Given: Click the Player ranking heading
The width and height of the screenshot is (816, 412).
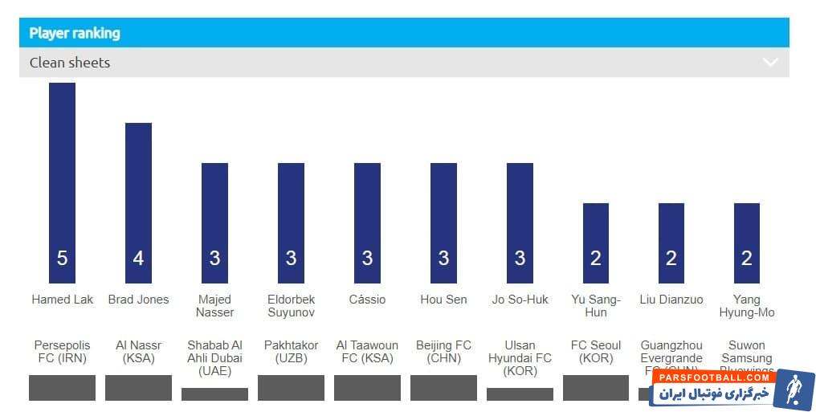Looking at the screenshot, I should click(x=75, y=33).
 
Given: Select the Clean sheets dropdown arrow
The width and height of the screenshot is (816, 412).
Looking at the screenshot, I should click(x=770, y=62).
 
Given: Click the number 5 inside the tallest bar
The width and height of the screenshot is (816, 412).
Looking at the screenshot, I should click(x=62, y=258).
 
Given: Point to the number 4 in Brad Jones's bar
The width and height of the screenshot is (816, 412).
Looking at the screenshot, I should click(x=138, y=258).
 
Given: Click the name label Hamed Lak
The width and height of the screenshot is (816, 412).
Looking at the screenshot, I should click(x=62, y=300).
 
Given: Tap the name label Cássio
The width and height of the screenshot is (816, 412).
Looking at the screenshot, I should click(x=367, y=300).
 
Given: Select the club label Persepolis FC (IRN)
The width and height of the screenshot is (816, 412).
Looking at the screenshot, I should click(x=62, y=352).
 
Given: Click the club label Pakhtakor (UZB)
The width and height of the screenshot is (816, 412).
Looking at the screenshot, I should click(x=291, y=352).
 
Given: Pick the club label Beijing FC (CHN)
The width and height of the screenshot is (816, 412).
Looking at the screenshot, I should click(x=443, y=352).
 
